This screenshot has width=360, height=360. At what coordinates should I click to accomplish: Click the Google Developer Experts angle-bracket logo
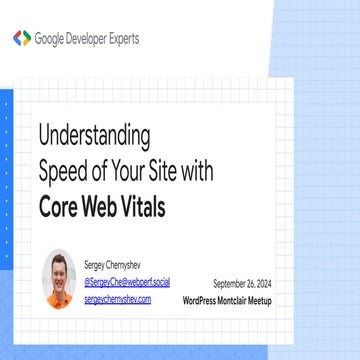pyautogui.click(x=21, y=38)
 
